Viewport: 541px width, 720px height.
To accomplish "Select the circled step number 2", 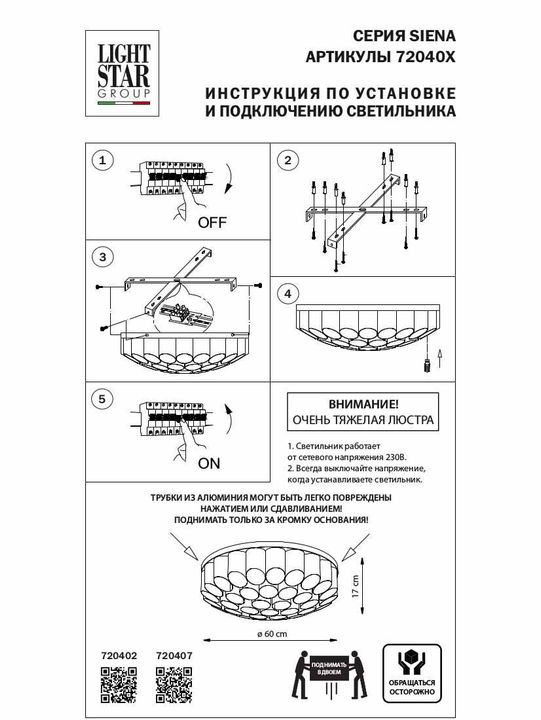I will pyautogui.click(x=287, y=160).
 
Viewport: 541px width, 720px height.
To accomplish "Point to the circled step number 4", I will pyautogui.click(x=287, y=293).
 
